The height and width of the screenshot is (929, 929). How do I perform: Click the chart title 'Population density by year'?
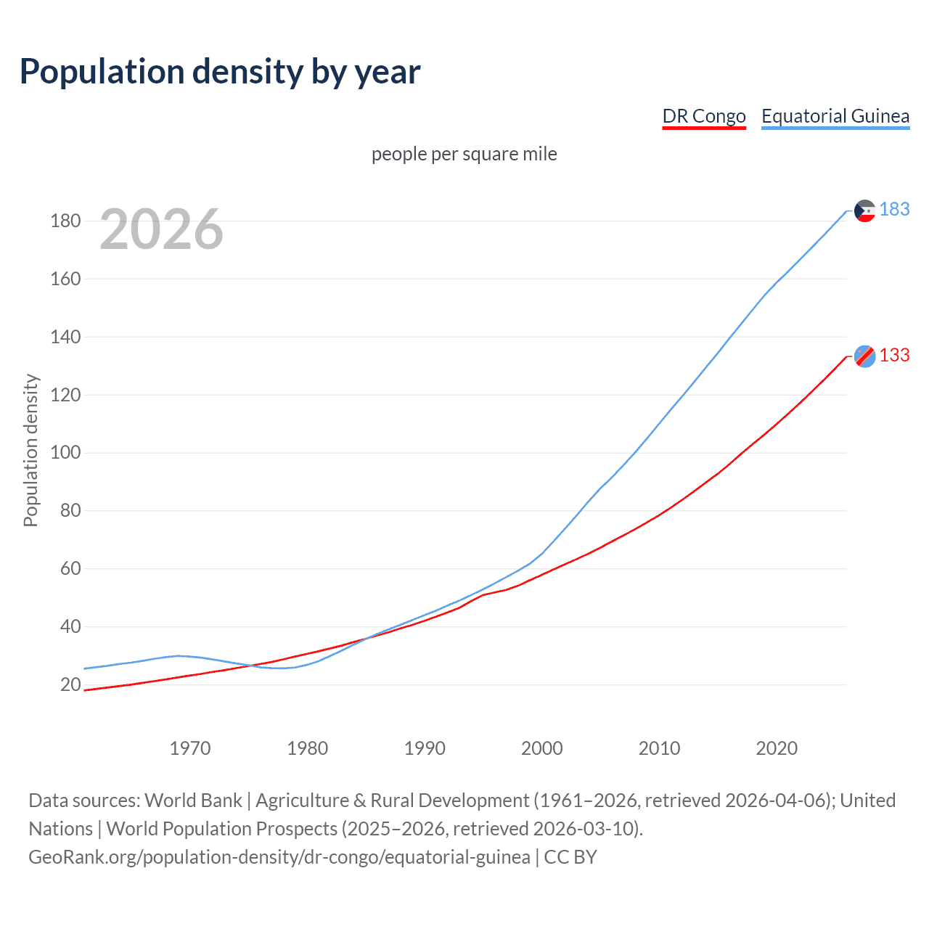click(x=220, y=72)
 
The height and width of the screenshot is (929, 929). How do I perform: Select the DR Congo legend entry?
click(x=704, y=116)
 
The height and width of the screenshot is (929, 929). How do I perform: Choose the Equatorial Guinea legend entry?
click(x=835, y=116)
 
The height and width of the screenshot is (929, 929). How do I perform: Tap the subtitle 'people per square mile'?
click(x=464, y=155)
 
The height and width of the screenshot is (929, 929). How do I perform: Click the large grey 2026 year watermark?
click(x=161, y=229)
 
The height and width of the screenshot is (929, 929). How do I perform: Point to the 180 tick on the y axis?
click(x=65, y=221)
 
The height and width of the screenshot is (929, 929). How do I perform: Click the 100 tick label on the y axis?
click(x=65, y=453)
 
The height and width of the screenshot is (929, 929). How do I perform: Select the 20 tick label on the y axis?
click(x=70, y=684)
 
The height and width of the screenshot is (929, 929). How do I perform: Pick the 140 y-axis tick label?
click(x=65, y=337)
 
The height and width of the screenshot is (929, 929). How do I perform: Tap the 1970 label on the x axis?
click(x=190, y=748)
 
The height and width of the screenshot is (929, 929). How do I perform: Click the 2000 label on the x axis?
click(x=542, y=748)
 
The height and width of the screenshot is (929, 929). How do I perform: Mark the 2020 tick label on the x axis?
click(x=777, y=748)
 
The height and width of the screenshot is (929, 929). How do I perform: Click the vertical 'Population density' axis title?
click(x=30, y=450)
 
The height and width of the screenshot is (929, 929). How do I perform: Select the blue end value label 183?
click(x=894, y=210)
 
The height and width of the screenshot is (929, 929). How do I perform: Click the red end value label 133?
click(x=894, y=356)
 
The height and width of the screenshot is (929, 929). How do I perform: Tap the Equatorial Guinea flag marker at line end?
click(x=864, y=210)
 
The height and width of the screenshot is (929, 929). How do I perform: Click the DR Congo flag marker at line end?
click(x=864, y=356)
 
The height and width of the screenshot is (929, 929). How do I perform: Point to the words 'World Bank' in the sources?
click(x=193, y=801)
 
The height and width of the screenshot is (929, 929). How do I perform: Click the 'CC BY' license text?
click(x=570, y=857)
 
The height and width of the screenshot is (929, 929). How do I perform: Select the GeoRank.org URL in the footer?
click(x=279, y=857)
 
